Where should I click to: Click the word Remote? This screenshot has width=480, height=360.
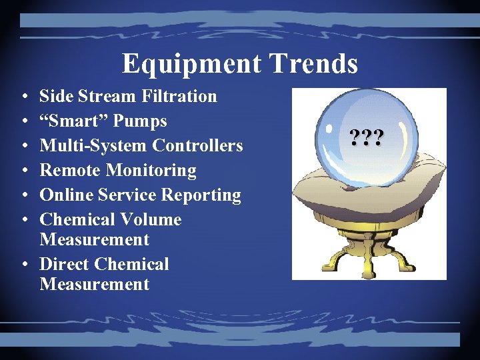click(67, 171)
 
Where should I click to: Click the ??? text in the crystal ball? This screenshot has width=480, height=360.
click(365, 139)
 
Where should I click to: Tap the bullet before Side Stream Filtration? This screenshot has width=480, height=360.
click(23, 97)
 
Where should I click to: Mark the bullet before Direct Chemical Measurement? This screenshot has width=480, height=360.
click(23, 265)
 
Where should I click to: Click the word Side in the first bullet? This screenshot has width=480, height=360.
click(55, 96)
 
